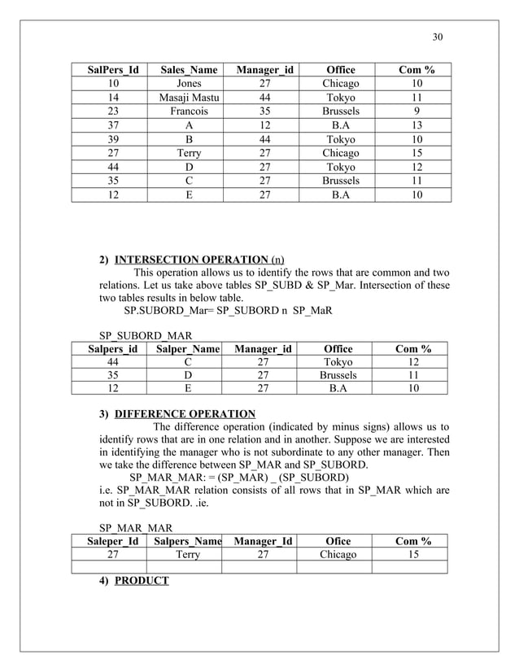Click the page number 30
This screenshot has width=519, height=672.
(x=437, y=37)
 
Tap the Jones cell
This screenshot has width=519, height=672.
(x=189, y=84)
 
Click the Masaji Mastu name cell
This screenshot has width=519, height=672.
(x=189, y=98)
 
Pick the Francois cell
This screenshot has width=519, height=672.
(x=189, y=111)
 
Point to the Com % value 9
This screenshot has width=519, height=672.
(x=417, y=111)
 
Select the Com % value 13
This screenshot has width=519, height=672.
(x=417, y=125)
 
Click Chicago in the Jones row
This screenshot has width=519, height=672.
(x=340, y=84)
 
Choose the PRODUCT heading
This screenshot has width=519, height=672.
(x=142, y=581)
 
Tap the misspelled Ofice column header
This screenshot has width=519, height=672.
(x=338, y=541)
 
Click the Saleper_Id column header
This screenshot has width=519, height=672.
(x=108, y=541)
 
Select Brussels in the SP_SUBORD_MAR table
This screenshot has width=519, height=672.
(x=339, y=376)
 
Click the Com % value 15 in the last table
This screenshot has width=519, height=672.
(x=412, y=555)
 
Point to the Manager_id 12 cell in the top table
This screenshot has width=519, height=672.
(x=264, y=125)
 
